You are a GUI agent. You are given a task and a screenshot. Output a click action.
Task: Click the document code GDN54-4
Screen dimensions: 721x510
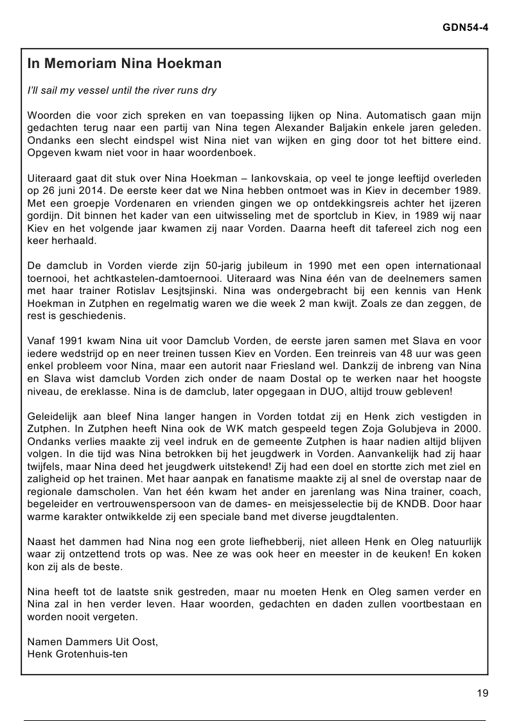pos(466,28)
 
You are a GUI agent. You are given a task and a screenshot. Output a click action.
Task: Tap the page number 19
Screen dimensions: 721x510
pos(482,693)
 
